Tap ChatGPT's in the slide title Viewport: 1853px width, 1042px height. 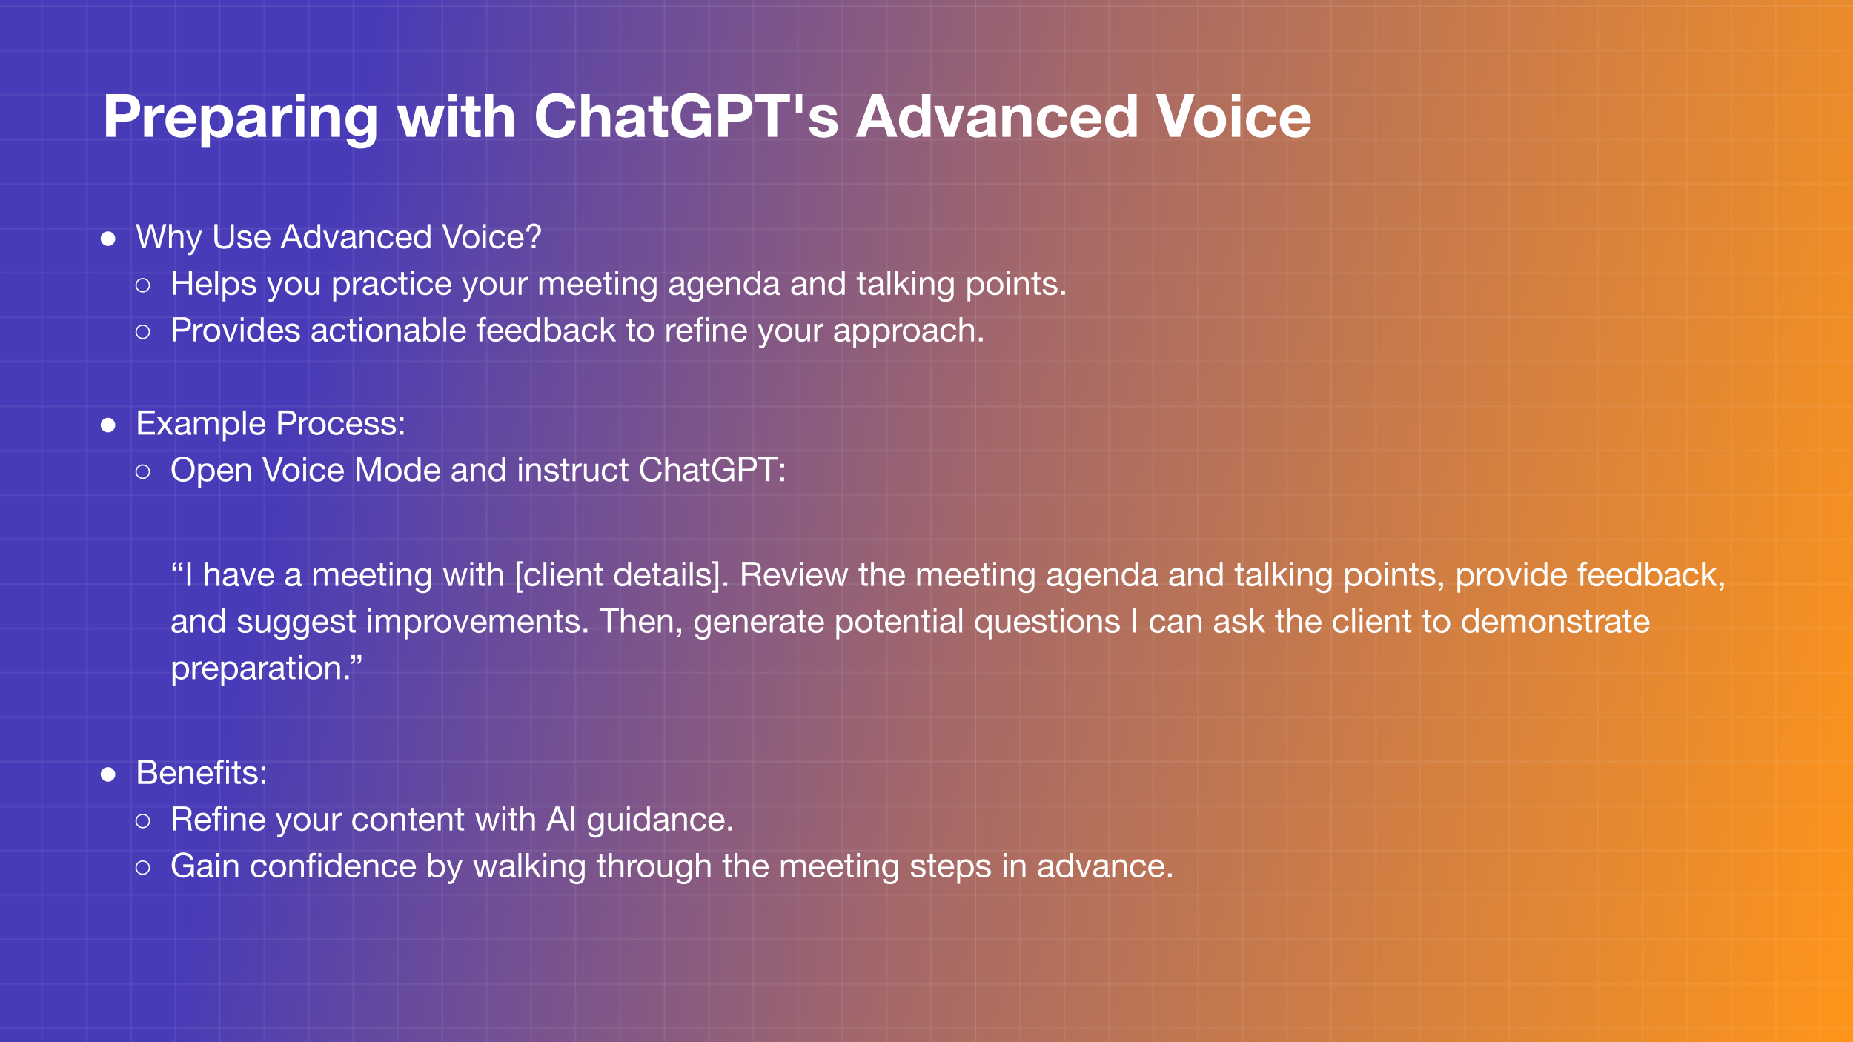click(x=686, y=117)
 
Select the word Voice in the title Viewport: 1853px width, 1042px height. click(x=1234, y=117)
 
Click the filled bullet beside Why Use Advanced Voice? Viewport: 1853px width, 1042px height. click(x=108, y=239)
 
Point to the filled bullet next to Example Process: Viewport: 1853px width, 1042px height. click(x=108, y=425)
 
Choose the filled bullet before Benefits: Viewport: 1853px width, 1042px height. click(x=108, y=774)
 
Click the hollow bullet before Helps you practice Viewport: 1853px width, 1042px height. click(x=143, y=285)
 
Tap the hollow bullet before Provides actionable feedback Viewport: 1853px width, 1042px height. click(x=143, y=332)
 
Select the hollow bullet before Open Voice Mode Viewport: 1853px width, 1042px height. click(x=143, y=471)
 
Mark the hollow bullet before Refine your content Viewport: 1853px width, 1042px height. click(x=143, y=821)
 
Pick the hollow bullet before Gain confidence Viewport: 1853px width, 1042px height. click(x=143, y=868)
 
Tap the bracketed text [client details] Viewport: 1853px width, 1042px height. click(x=622, y=576)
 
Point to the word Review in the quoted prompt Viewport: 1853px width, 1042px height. click(x=794, y=575)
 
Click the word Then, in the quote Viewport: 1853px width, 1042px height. click(x=642, y=623)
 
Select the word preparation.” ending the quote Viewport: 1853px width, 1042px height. click(x=267, y=669)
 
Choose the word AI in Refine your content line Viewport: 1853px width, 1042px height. click(x=561, y=820)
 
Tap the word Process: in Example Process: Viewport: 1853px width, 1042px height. click(x=341, y=424)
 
